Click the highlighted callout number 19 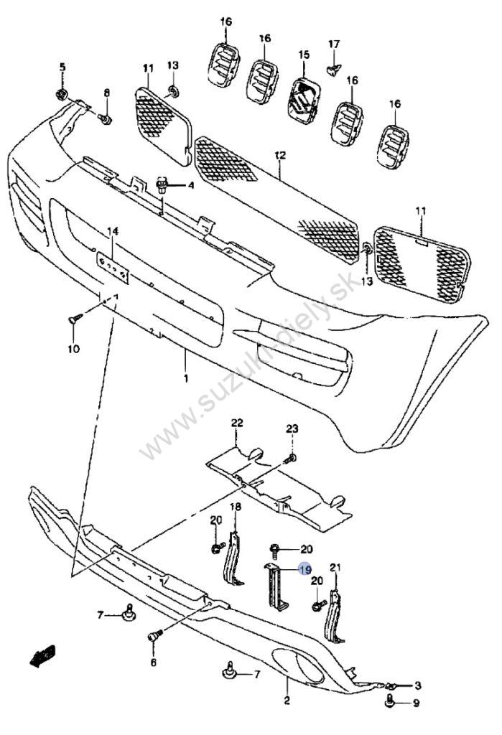pos(305,569)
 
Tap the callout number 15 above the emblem pos(304,55)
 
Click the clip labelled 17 pos(333,70)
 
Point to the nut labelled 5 pos(61,94)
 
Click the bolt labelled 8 pos(105,120)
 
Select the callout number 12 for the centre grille pos(280,155)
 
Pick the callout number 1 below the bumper pos(186,378)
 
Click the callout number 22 pos(237,423)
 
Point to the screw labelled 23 pos(290,458)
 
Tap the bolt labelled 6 pos(154,636)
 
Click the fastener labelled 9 pos(389,702)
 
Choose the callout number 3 pos(417,685)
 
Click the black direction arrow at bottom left pos(42,655)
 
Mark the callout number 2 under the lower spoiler pos(287,701)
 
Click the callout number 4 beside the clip pos(190,186)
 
